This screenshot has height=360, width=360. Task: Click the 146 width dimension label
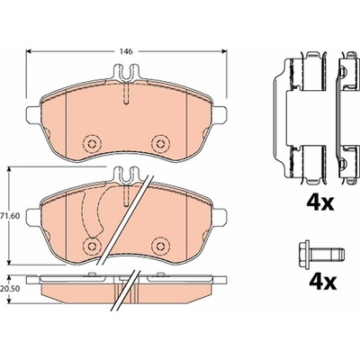click(127, 51)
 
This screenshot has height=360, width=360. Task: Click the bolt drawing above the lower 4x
click(321, 256)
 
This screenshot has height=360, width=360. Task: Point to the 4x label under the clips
click(319, 202)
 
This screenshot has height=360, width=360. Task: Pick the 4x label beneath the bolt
click(323, 282)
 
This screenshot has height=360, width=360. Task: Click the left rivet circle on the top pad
click(91, 143)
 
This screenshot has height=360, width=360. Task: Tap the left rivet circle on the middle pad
click(91, 246)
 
